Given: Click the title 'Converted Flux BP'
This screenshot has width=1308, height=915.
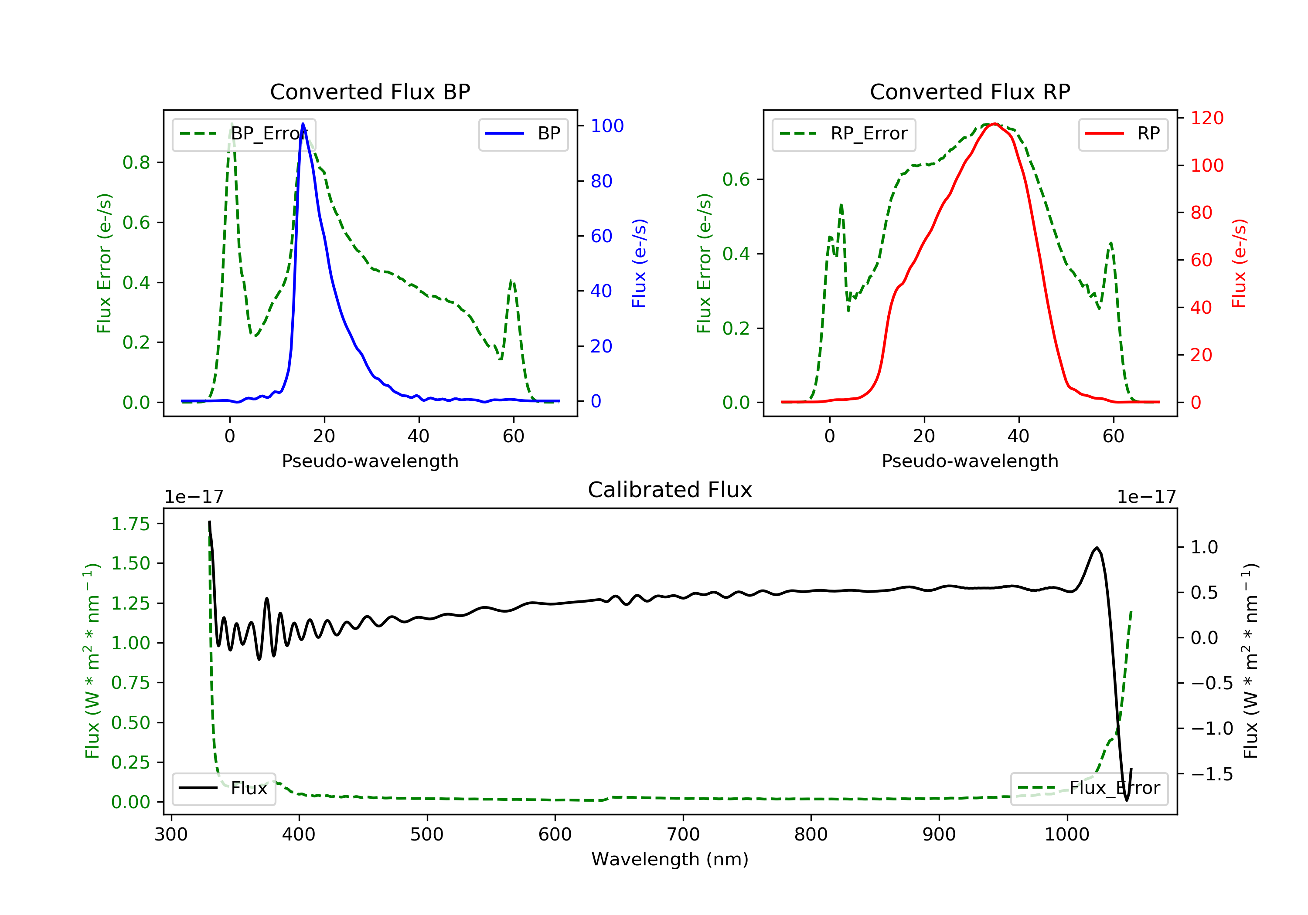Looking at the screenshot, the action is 370,91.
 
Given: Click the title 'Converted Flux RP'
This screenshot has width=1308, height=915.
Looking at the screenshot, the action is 970,91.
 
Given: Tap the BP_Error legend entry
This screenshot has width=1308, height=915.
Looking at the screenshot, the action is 243,134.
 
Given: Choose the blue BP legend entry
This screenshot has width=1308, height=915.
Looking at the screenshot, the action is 523,134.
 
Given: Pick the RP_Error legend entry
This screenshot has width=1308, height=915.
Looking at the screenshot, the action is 843,134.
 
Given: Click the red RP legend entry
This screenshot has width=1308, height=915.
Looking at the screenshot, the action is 1123,134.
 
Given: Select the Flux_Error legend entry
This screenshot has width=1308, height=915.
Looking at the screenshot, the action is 1089,788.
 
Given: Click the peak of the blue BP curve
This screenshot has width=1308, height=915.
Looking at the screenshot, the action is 303,124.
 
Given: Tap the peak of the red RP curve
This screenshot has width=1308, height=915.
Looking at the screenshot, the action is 994,124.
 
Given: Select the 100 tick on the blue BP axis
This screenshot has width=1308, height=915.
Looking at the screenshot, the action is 607,126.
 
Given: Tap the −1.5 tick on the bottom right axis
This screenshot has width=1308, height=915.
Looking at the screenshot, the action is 1211,774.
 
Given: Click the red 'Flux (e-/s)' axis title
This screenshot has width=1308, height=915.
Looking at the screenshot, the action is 1239,264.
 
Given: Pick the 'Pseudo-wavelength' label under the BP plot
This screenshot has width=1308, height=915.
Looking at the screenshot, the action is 370,461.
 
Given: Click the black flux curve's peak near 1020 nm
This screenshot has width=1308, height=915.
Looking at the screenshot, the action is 1097,548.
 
